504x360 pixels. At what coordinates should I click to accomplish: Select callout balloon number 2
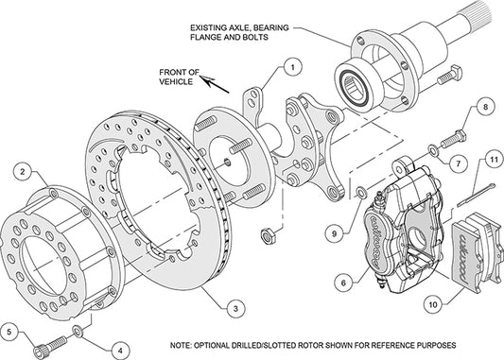(21, 171)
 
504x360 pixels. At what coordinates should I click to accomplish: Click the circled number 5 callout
(10, 332)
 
